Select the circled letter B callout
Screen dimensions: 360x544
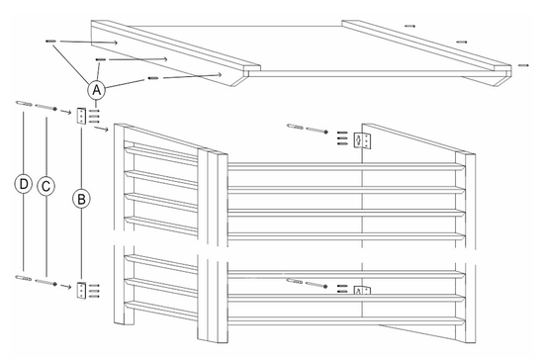pos(82,198)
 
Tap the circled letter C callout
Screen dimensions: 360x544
pos(45,185)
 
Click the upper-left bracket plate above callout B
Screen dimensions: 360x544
pos(82,117)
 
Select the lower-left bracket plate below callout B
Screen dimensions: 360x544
pos(81,290)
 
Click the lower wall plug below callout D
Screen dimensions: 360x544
pos(23,279)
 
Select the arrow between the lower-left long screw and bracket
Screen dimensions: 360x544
pos(66,286)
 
